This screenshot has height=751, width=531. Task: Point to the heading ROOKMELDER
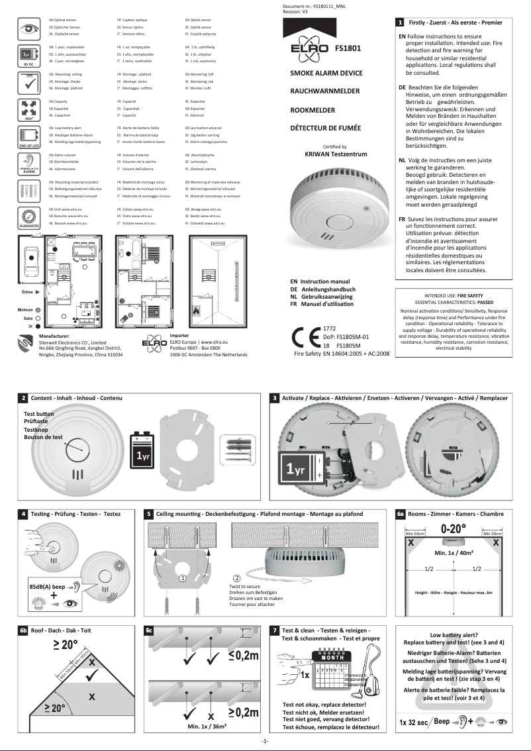point(312,110)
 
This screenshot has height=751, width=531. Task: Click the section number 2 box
point(23,398)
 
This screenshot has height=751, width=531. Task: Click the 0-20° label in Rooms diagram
point(454,530)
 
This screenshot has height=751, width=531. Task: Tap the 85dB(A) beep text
point(48,587)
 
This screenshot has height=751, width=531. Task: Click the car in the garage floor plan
point(30,256)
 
